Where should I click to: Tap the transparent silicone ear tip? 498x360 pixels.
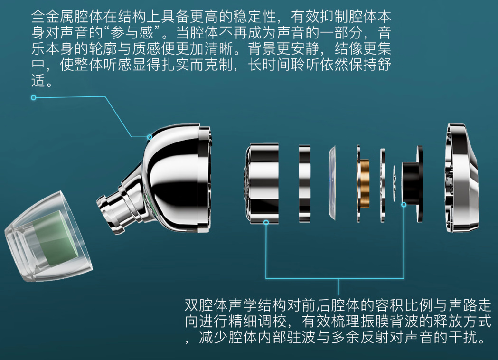(x=47, y=237)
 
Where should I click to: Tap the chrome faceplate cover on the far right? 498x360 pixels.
(x=461, y=177)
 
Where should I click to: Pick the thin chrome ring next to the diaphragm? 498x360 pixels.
(x=305, y=183)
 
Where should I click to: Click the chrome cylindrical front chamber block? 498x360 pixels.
(x=263, y=183)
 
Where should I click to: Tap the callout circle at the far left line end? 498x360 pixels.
(x=34, y=97)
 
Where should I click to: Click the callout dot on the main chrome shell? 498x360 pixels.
(x=150, y=137)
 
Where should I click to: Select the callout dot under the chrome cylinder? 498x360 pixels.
(x=266, y=222)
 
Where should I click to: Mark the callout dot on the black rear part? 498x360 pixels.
(x=404, y=205)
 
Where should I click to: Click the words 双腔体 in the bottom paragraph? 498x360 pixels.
(x=207, y=305)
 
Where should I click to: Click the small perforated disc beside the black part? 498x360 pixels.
(x=395, y=183)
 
